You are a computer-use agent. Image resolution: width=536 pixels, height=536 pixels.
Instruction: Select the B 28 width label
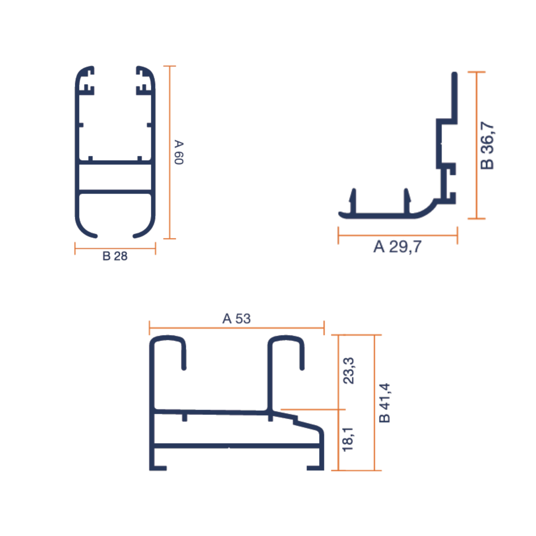tap(115, 256)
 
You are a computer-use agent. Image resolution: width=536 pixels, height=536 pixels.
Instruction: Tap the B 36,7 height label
tap(487, 145)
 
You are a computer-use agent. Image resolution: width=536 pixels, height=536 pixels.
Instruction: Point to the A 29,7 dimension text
tap(397, 247)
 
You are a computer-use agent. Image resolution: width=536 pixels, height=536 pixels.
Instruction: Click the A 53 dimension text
tap(236, 318)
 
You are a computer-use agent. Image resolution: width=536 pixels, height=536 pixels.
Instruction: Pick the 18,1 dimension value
tap(348, 440)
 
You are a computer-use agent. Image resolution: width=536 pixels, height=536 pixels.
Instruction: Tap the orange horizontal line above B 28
tap(115, 248)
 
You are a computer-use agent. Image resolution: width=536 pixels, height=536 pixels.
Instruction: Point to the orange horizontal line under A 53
tap(236, 328)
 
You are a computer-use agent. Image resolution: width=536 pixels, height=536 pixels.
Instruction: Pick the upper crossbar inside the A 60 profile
tap(115, 162)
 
